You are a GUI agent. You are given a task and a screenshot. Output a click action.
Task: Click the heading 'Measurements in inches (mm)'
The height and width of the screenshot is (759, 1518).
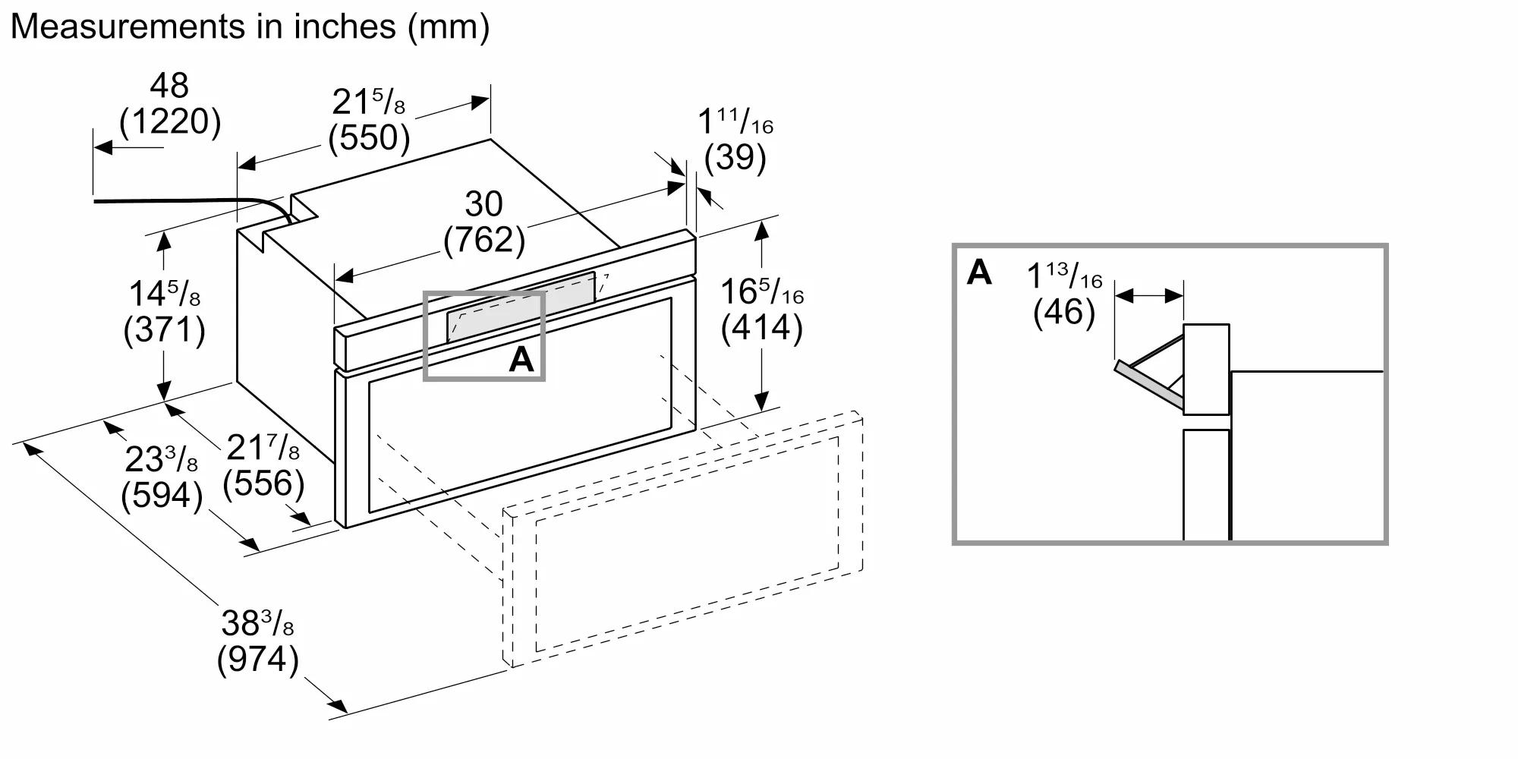click(x=250, y=27)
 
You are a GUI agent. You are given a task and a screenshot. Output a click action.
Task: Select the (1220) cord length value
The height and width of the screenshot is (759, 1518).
click(x=170, y=121)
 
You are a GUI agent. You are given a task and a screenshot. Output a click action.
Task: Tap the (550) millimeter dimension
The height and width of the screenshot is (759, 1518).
click(x=370, y=137)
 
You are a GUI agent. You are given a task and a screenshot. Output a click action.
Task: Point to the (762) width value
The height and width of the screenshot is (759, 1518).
click(x=484, y=240)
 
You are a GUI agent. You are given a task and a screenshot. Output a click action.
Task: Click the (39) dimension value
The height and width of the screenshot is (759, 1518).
click(x=735, y=157)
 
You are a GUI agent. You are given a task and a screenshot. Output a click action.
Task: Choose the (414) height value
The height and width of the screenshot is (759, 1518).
click(x=761, y=328)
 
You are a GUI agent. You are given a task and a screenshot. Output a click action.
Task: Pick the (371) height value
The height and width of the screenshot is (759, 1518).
click(x=164, y=330)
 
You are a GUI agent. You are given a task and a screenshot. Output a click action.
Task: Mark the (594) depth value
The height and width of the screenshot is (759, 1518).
click(x=162, y=496)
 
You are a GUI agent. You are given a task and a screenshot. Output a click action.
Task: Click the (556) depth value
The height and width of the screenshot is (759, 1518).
click(x=263, y=483)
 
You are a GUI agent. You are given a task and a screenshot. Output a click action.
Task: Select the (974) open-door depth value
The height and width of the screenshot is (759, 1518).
click(x=257, y=659)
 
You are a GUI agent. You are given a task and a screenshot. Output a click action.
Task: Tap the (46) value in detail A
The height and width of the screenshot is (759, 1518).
click(x=1064, y=312)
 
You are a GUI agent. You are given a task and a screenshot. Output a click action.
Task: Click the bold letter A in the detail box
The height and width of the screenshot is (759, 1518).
click(x=979, y=272)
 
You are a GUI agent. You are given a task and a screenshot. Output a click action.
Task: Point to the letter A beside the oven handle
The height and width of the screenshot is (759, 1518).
click(x=521, y=359)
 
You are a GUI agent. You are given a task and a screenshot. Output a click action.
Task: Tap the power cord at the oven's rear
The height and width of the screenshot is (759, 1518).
click(x=190, y=202)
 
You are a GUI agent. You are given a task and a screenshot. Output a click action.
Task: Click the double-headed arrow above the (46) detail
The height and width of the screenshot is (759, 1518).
click(x=1149, y=296)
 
